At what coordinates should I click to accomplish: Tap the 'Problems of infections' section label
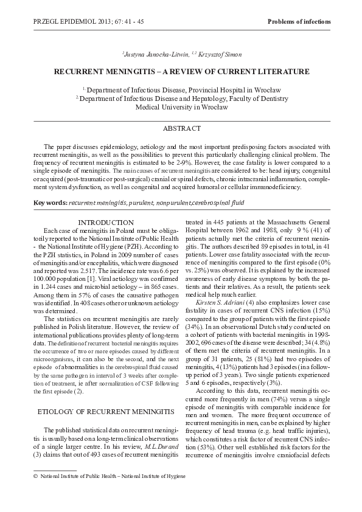(299, 22)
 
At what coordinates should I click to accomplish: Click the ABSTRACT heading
(181, 129)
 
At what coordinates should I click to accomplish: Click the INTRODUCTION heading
(106, 223)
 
